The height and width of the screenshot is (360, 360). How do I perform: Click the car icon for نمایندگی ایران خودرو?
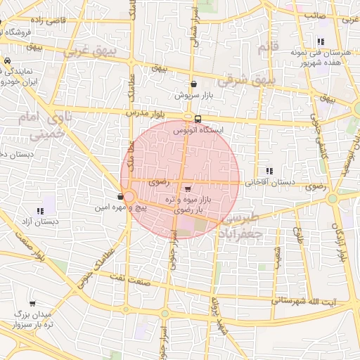[6, 62]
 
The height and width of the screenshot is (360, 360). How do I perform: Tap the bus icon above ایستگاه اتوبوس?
[198, 119]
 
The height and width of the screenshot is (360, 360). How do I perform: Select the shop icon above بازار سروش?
[193, 84]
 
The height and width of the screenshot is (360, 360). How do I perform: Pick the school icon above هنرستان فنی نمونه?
[321, 42]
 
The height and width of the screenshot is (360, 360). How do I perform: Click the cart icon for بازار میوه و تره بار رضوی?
[187, 189]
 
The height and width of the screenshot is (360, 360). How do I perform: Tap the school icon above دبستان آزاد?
[39, 211]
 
